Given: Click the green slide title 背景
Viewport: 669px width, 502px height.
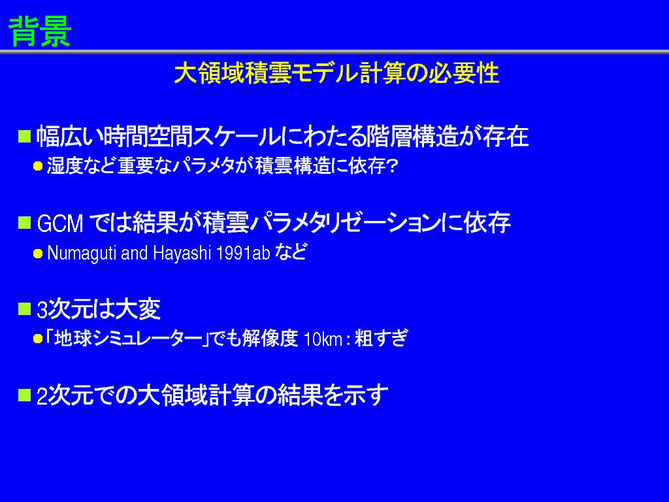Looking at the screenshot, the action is point(40,31).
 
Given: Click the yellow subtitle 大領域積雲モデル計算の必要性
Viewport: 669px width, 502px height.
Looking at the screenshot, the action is point(336,73).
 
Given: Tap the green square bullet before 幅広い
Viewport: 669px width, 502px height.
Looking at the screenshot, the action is point(24,136).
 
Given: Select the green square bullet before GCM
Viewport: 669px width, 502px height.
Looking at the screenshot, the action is point(24,222).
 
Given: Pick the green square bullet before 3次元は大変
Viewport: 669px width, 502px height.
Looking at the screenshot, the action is point(24,309).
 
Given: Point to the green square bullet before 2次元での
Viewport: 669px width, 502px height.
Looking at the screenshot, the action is point(24,395).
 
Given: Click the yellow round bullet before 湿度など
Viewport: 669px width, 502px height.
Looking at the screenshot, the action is point(38,166).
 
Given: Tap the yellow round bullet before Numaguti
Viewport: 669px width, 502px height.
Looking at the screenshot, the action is point(38,254).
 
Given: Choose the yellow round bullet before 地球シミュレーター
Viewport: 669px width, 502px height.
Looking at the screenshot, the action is point(38,339).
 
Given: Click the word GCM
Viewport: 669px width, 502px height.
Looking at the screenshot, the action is point(60,224).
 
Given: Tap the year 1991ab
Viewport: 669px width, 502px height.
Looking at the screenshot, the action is point(243,253).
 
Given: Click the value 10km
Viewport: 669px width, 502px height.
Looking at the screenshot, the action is point(323,339).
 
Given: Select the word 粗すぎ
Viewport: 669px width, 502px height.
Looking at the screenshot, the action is point(381,339).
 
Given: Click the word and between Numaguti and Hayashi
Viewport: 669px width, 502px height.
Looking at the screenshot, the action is point(135,253).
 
